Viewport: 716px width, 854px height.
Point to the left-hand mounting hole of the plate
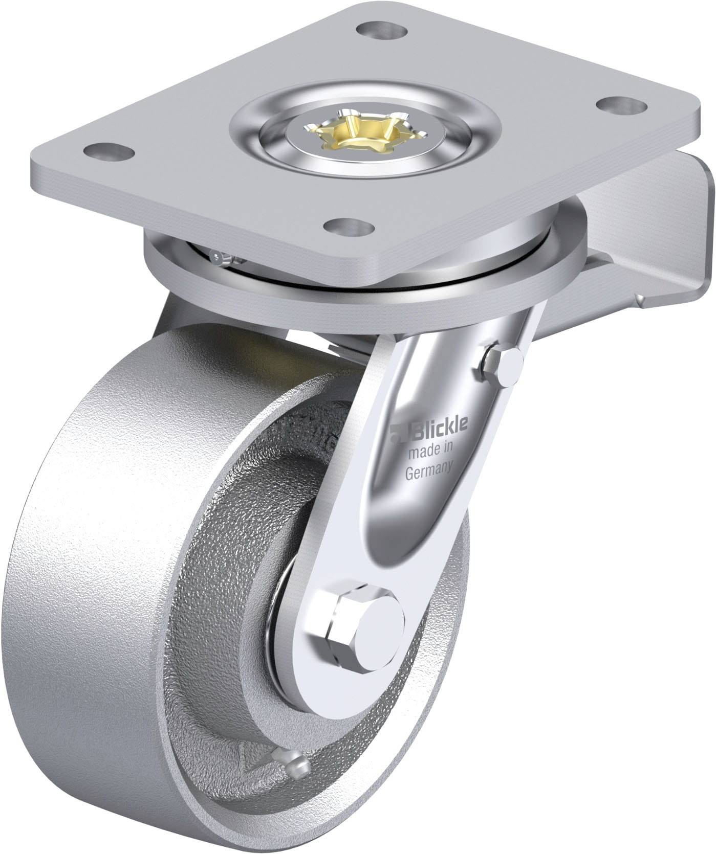(x=109, y=151)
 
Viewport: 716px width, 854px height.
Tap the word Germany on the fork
(x=429, y=469)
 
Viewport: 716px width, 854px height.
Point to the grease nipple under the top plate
(x=221, y=257)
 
